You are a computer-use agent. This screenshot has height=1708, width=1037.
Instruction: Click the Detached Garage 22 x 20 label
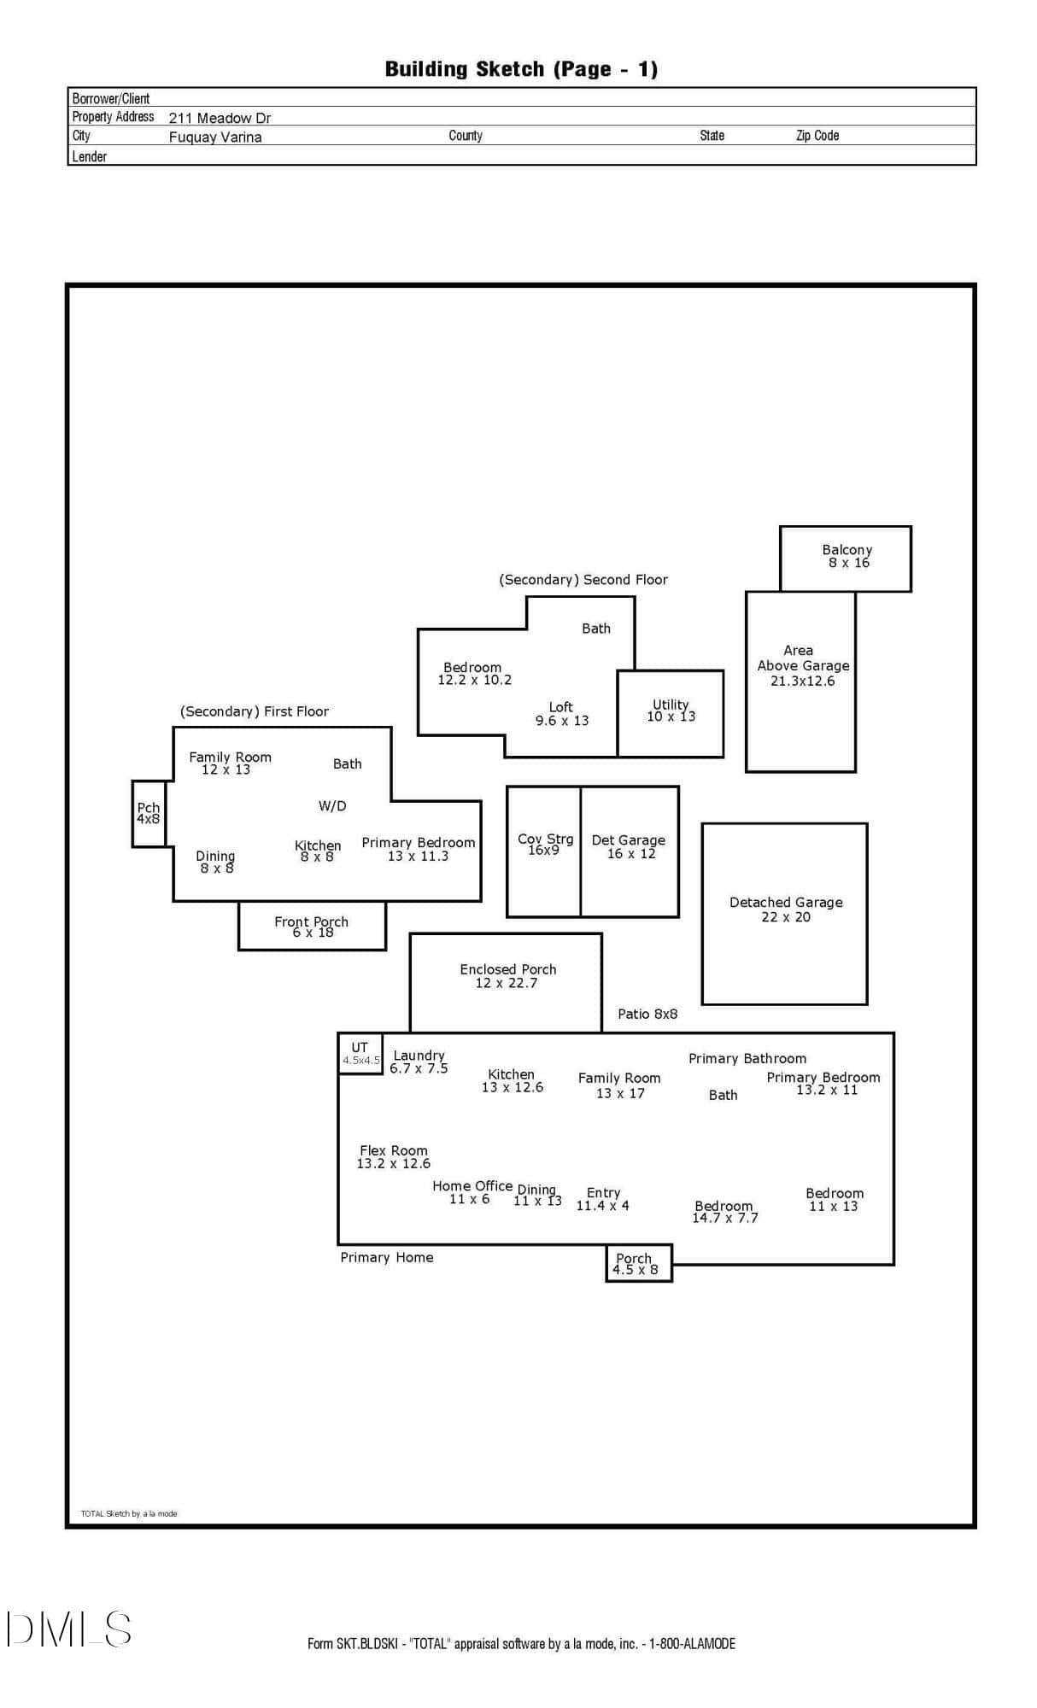pos(786,910)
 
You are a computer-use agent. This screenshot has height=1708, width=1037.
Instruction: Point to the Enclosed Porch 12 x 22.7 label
pos(507,976)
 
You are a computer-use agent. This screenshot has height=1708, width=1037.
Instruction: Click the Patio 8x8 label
pos(647,1014)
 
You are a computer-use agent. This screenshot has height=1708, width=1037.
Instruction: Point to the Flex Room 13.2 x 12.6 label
pos(394,1157)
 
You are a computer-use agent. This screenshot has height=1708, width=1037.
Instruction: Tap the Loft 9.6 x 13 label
pos(562,714)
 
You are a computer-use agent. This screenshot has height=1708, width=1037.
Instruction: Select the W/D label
pos(332,806)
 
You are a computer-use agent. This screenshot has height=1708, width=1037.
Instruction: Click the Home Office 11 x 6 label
pos(472,1192)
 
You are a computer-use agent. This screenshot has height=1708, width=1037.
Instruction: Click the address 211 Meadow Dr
pos(220,118)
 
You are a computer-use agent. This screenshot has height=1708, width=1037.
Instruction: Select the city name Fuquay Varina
pos(215,137)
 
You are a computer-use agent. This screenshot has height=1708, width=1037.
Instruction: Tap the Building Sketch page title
pos(521,69)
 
